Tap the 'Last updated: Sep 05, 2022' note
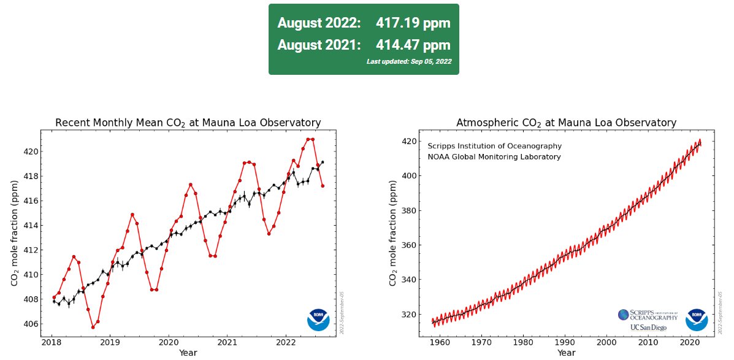pyautogui.click(x=408, y=61)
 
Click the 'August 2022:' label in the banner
pyautogui.click(x=319, y=23)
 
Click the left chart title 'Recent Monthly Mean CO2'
pyautogui.click(x=188, y=123)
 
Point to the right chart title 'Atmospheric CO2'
pyautogui.click(x=566, y=123)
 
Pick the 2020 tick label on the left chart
pyautogui.click(x=168, y=342)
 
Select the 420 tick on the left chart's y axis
pyautogui.click(x=29, y=151)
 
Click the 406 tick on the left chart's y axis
pyautogui.click(x=29, y=324)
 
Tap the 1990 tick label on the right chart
pyautogui.click(x=565, y=342)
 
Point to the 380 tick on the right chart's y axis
pyautogui.click(x=408, y=210)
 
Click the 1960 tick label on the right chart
pyautogui.click(x=440, y=342)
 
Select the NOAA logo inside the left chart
pyautogui.click(x=318, y=320)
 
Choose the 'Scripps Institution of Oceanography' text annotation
pyautogui.click(x=494, y=146)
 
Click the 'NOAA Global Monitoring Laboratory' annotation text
pyautogui.click(x=494, y=157)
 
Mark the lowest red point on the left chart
pyautogui.click(x=93, y=327)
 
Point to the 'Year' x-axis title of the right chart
pyautogui.click(x=566, y=353)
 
